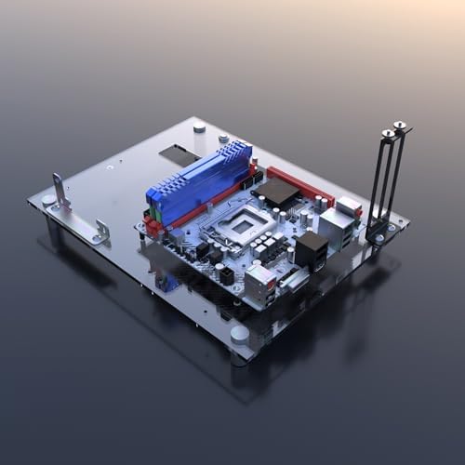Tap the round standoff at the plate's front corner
click(x=239, y=334)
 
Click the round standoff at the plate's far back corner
click(x=199, y=125)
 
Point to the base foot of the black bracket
click(x=377, y=232)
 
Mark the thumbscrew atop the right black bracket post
click(x=400, y=126)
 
